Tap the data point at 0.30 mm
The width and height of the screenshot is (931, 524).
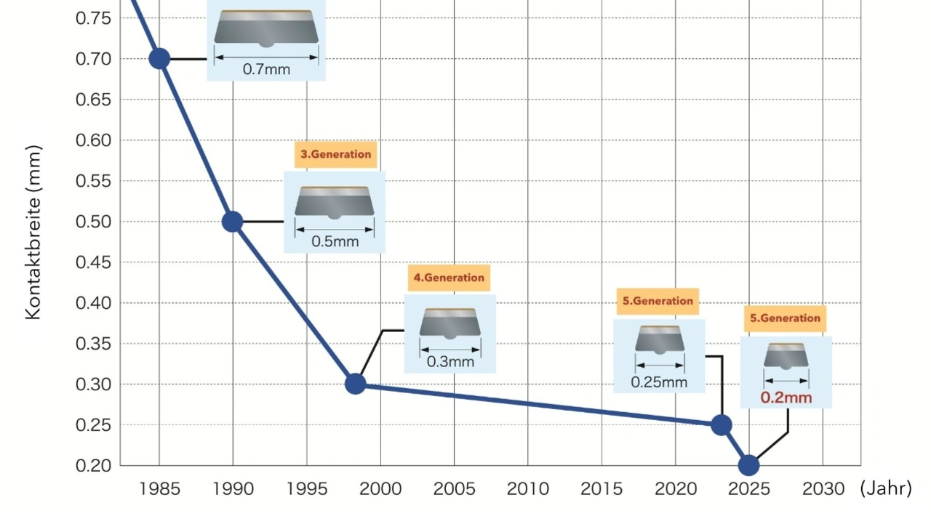(x=355, y=384)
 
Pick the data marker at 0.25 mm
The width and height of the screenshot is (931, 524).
(x=721, y=425)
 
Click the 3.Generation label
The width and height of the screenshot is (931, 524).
(x=335, y=154)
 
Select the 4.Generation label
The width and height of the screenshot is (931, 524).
(x=449, y=278)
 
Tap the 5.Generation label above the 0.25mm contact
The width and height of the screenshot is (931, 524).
(x=658, y=301)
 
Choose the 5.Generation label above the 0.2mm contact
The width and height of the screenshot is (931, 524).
(x=785, y=318)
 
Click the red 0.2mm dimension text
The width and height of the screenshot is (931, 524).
(x=786, y=398)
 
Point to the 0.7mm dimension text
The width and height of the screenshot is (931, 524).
(x=266, y=70)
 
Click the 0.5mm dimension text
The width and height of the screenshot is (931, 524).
(x=335, y=241)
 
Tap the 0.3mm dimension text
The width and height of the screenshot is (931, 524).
(x=450, y=362)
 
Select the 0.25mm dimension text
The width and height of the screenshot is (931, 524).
(x=659, y=382)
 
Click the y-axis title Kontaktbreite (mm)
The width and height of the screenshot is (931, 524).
(x=33, y=233)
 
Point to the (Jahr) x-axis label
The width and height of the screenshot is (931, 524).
(x=885, y=488)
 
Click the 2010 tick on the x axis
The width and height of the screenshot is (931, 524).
(x=528, y=488)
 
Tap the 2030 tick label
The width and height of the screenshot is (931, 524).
(x=823, y=488)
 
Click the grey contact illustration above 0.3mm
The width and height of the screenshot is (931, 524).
(x=450, y=323)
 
